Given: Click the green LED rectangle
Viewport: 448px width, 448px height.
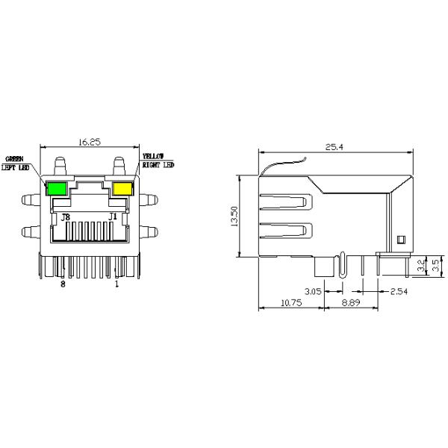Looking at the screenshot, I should click(57, 187).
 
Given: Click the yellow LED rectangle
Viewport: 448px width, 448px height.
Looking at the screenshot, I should click(122, 187).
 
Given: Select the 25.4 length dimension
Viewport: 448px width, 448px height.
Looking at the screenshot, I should click(335, 148).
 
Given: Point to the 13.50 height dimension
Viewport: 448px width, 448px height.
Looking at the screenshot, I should click(234, 217).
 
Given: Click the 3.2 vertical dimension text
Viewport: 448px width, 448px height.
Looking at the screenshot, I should click(422, 266).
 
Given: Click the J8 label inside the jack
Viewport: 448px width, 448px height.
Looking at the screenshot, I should click(66, 217).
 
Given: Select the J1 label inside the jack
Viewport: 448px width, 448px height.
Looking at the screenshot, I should click(113, 217).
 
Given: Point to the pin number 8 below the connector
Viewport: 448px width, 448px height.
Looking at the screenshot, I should click(63, 284).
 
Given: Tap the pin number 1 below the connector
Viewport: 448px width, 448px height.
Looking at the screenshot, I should click(116, 284).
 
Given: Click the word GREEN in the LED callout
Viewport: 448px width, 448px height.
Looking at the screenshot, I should click(15, 159).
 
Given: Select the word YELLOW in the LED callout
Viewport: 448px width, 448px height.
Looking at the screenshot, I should click(153, 157).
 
